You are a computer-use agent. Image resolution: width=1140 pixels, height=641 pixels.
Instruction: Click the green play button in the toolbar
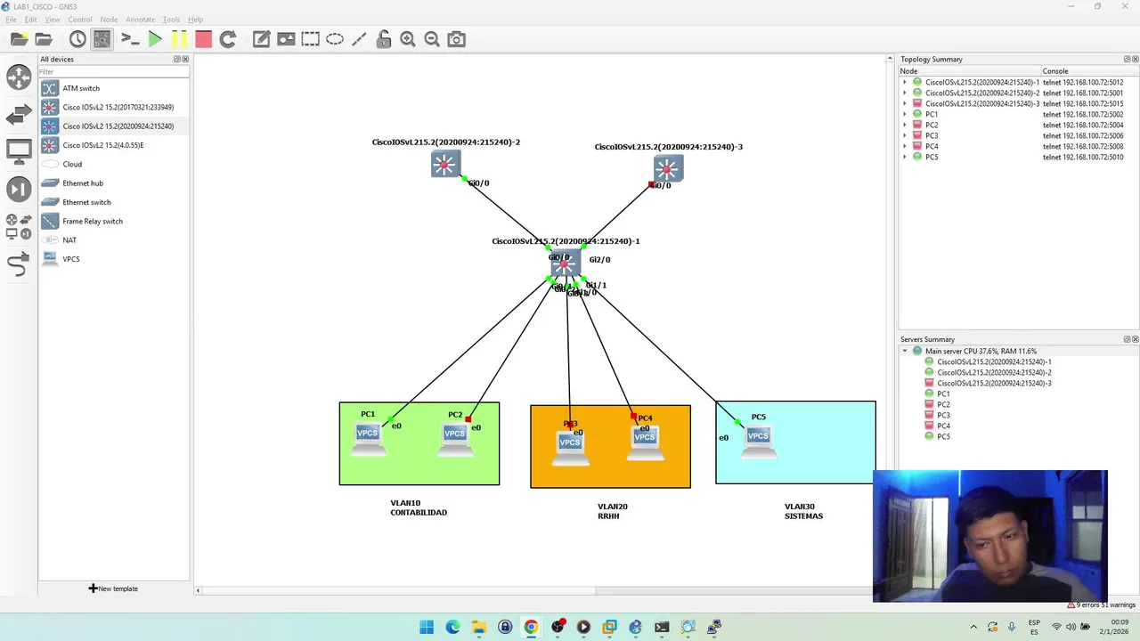coord(155,39)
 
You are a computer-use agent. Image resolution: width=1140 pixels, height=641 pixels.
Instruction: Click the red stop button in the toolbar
coord(203,39)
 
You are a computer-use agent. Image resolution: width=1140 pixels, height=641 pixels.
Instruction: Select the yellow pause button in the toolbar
coord(179,39)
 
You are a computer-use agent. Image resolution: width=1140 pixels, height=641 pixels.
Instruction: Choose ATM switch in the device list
coord(81,88)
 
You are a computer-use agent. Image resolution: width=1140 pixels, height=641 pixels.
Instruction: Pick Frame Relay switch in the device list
coord(93,221)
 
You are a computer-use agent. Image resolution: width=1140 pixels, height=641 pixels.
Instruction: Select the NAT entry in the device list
coord(69,240)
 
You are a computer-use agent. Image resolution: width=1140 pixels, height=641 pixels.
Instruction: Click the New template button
coord(113,588)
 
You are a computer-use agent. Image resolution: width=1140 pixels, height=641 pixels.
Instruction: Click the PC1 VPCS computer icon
coord(367,436)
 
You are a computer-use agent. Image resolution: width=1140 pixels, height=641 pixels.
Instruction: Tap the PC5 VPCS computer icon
coord(758,438)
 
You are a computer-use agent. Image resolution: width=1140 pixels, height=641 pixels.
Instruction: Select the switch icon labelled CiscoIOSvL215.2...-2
coord(444,165)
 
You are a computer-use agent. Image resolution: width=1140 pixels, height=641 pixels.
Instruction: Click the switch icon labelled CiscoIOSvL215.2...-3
coord(667,168)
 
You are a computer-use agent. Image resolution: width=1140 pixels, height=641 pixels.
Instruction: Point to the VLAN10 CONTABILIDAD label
coord(418,507)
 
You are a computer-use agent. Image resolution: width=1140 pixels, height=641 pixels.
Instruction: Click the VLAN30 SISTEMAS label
coord(803,511)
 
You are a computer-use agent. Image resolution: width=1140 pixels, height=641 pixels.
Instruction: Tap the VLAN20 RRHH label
coord(612,511)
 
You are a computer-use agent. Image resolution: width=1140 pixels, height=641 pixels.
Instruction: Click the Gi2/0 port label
coord(599,260)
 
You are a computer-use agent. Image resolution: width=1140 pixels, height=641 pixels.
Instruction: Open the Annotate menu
coord(140,19)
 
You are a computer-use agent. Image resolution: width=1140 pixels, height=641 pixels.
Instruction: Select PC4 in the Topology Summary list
coord(932,146)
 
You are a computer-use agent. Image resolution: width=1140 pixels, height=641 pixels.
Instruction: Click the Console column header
coord(1055,71)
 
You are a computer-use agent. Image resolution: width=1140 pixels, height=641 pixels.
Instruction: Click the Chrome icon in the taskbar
coord(531,627)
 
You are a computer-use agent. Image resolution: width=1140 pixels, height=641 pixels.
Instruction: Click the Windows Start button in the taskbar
coord(427,627)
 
